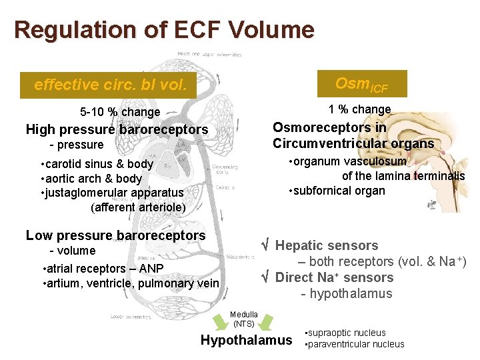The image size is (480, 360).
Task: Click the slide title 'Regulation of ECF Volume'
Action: click(x=163, y=30)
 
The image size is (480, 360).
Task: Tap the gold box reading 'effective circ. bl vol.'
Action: click(x=109, y=85)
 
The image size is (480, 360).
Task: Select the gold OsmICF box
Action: click(x=361, y=84)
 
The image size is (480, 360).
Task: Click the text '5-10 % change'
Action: click(x=120, y=112)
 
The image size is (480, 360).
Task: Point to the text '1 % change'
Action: click(x=359, y=109)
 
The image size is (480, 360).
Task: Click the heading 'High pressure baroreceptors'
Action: click(x=117, y=129)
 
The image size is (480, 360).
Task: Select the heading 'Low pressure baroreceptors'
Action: click(x=115, y=235)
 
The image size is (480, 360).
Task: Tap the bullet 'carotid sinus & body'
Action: click(x=97, y=164)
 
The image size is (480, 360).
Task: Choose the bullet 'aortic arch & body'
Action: click(x=92, y=179)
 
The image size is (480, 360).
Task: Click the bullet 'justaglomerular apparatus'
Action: click(x=112, y=193)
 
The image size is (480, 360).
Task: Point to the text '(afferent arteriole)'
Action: click(x=138, y=207)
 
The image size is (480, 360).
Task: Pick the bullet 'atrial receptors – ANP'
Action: click(x=103, y=269)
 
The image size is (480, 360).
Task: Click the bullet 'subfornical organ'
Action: click(x=337, y=191)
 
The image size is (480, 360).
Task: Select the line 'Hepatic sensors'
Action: click(x=326, y=245)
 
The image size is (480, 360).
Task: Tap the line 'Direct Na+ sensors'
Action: click(x=333, y=277)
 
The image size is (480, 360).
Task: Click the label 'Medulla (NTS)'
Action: click(x=243, y=319)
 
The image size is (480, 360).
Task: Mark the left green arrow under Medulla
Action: click(x=226, y=325)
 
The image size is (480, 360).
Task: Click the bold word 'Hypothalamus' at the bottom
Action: click(x=246, y=341)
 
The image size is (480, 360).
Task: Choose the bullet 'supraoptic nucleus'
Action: click(x=345, y=333)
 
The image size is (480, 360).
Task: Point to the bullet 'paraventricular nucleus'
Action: click(x=354, y=345)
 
